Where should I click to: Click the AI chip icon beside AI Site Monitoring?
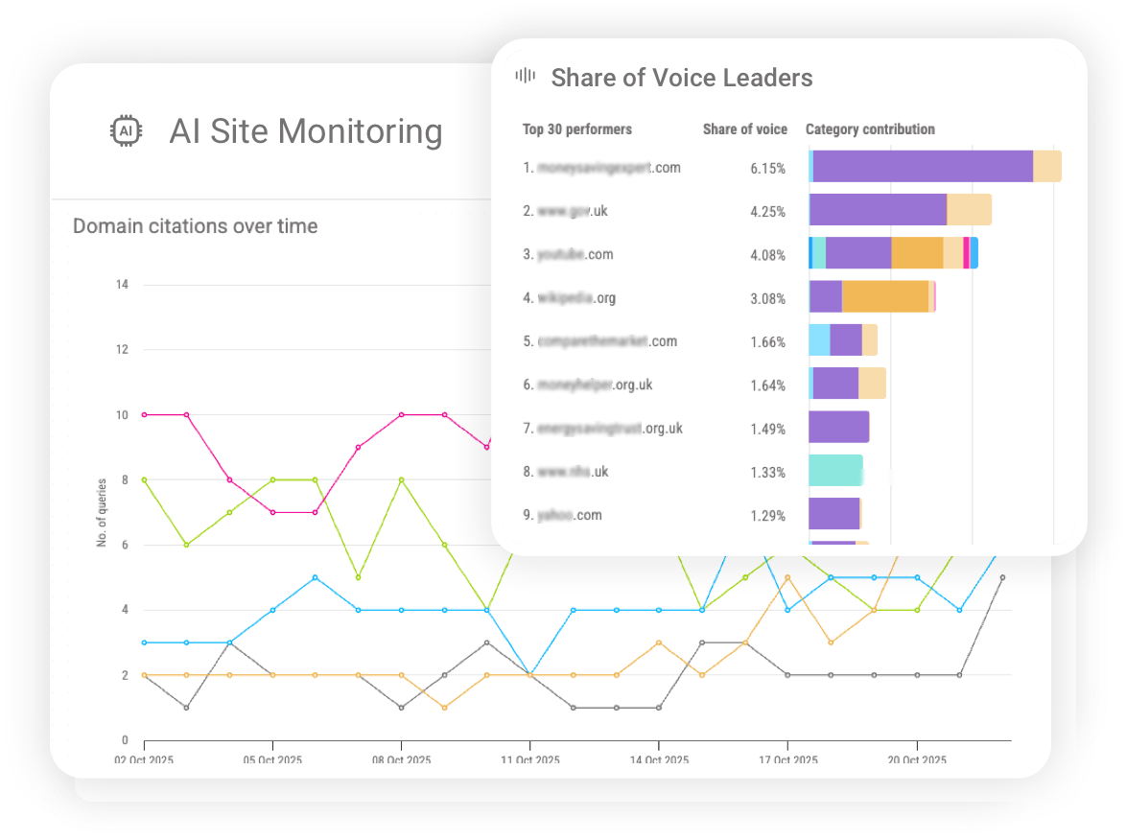pyautogui.click(x=126, y=131)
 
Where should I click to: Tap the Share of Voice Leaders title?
pyautogui.click(x=681, y=78)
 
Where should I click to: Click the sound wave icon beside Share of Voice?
pyautogui.click(x=525, y=77)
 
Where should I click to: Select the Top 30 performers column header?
pyautogui.click(x=576, y=129)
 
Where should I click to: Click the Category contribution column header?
pyautogui.click(x=870, y=129)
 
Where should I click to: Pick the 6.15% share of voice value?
pyautogui.click(x=767, y=168)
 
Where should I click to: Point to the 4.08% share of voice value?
pyautogui.click(x=767, y=255)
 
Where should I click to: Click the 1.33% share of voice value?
pyautogui.click(x=767, y=473)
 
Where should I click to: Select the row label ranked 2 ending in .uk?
pyautogui.click(x=567, y=211)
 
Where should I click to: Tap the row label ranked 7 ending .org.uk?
pyautogui.click(x=602, y=429)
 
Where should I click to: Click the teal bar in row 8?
pyautogui.click(x=835, y=470)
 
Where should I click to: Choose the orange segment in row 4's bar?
pyautogui.click(x=884, y=296)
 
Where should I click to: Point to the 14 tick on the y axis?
pyautogui.click(x=122, y=285)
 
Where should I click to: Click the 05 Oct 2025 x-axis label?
pyautogui.click(x=272, y=760)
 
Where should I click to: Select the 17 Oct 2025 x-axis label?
pyautogui.click(x=786, y=760)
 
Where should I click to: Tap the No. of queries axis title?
pyautogui.click(x=102, y=512)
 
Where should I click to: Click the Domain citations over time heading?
pyautogui.click(x=196, y=226)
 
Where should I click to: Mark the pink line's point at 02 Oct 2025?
pyautogui.click(x=144, y=414)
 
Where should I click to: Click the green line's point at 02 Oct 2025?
pyautogui.click(x=144, y=479)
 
